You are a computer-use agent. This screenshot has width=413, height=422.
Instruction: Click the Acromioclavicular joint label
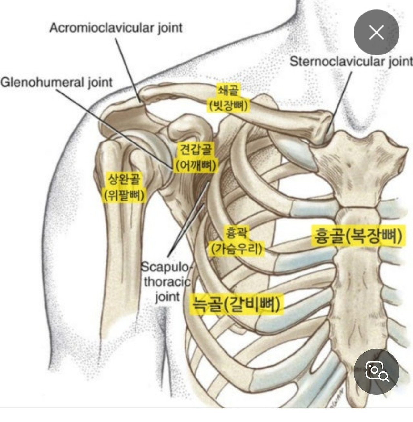tap(116, 28)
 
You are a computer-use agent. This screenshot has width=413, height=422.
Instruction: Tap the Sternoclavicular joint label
tap(351, 61)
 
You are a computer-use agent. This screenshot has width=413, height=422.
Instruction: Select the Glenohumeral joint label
tap(56, 82)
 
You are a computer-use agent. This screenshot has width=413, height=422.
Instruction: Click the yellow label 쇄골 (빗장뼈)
tap(228, 98)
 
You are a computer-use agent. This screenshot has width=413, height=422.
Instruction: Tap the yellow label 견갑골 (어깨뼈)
tap(196, 158)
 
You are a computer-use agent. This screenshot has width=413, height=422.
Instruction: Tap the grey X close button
tap(376, 33)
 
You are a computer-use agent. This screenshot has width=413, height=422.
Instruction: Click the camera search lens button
tap(376, 371)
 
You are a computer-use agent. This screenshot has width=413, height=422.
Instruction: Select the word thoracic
tap(167, 282)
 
